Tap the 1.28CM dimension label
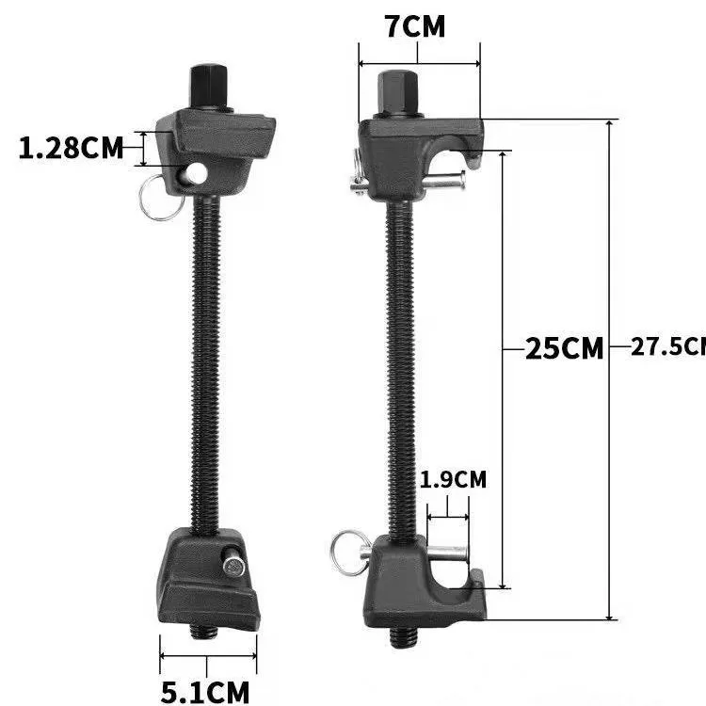pyautogui.click(x=72, y=148)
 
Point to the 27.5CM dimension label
pyautogui.click(x=667, y=346)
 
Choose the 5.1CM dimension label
pyautogui.click(x=205, y=692)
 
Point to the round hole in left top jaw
pyautogui.click(x=196, y=172)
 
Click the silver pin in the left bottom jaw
pyautogui.click(x=233, y=566)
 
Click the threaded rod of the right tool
pyautogui.click(x=400, y=367)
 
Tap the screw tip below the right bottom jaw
pyautogui.click(x=402, y=637)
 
